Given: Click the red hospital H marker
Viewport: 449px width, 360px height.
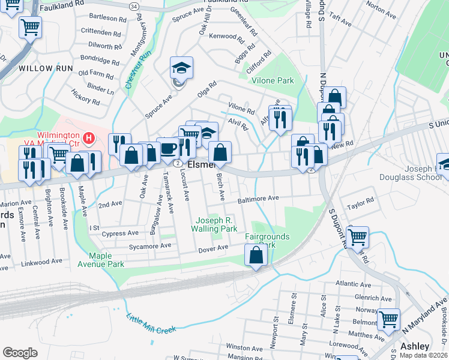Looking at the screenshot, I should (x=89, y=139).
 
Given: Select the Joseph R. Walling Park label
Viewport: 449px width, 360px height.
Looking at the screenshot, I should (x=214, y=224).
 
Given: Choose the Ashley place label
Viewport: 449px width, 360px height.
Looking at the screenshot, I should (x=415, y=346).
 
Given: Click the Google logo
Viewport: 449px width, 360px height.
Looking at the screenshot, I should (x=20, y=352).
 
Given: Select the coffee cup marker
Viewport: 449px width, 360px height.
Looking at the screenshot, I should (x=167, y=148).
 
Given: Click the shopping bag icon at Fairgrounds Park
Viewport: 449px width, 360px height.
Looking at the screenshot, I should (x=256, y=255).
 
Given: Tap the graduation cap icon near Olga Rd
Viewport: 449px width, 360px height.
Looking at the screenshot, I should (x=181, y=68).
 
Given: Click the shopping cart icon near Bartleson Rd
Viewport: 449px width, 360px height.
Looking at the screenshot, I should (x=30, y=26).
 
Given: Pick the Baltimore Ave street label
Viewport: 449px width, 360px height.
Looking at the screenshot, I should (x=259, y=198).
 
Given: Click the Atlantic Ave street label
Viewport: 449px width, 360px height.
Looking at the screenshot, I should (x=354, y=284).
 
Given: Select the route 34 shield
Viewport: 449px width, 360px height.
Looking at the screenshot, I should (x=133, y=5).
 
